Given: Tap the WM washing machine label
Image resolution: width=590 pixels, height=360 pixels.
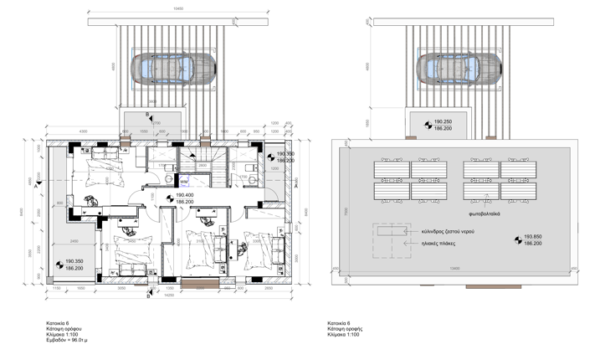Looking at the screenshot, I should pyautogui.click(x=183, y=180).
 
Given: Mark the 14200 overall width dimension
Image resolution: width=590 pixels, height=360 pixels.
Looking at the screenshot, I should pyautogui.click(x=168, y=295).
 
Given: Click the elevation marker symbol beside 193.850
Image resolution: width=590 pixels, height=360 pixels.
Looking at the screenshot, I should pyautogui.click(x=518, y=239).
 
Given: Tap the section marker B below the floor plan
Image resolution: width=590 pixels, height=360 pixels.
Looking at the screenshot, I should pyautogui.click(x=148, y=293).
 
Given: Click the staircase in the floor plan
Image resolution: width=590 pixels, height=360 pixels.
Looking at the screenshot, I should pyautogui.click(x=207, y=167).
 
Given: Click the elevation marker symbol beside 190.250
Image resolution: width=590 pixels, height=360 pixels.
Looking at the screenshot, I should pyautogui.click(x=427, y=125).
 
